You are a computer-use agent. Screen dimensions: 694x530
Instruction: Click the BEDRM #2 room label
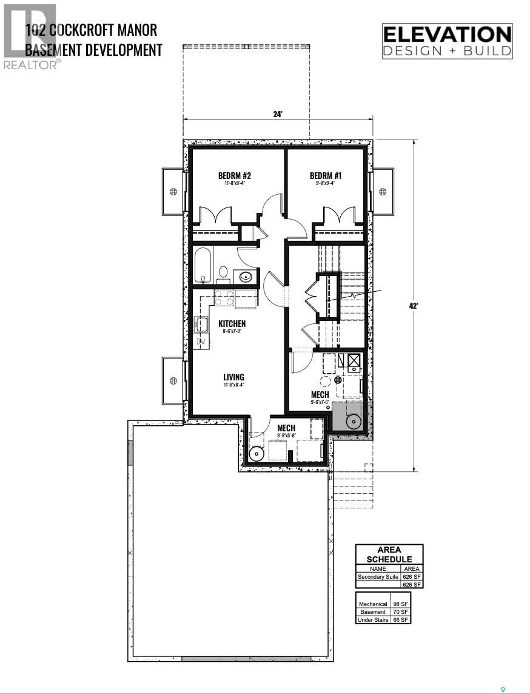[x=234, y=176]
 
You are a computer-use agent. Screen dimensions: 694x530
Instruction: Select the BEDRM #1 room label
[x=326, y=176]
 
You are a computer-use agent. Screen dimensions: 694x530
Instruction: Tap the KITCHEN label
[x=232, y=323]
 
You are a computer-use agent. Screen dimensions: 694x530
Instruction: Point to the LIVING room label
[x=233, y=377]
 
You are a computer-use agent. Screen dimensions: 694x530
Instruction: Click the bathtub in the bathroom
[x=203, y=265]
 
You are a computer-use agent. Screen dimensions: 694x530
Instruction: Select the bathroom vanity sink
[x=246, y=277]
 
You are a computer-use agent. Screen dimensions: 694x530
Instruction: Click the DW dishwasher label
[x=201, y=342]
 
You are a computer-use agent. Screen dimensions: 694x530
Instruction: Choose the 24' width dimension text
[x=278, y=114]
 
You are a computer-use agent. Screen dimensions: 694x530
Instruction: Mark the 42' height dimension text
[x=414, y=306]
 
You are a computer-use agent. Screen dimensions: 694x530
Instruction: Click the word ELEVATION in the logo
[x=448, y=34]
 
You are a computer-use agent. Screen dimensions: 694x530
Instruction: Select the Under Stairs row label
[x=374, y=620]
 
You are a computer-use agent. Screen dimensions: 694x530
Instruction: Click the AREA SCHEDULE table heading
[x=389, y=554]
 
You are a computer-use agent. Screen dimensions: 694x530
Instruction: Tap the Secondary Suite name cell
[x=378, y=577]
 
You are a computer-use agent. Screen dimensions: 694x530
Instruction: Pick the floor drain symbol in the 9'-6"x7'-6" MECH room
[x=338, y=379]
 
